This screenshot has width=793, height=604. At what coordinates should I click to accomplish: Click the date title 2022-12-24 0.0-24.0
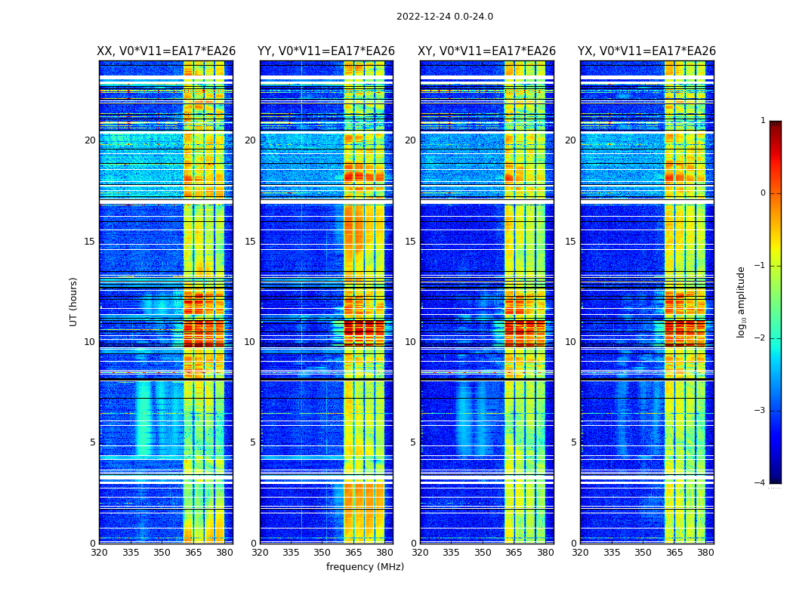[444, 17]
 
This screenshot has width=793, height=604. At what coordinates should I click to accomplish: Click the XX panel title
[166, 51]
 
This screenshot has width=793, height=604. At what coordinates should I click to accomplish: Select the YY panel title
[326, 51]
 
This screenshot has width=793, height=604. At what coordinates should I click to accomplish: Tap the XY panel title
[487, 51]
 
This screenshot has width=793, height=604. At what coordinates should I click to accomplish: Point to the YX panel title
[646, 51]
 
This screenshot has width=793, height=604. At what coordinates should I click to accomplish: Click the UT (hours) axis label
[74, 301]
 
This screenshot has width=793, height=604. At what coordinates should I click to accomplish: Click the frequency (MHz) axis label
[365, 567]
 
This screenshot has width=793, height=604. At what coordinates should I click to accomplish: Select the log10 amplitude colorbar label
[742, 301]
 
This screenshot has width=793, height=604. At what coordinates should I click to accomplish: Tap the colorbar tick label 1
[763, 121]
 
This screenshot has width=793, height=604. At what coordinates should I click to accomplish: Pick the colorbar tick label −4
[761, 483]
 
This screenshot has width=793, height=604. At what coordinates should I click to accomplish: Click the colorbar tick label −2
[761, 338]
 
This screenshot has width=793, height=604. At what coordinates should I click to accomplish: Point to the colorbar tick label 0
[763, 193]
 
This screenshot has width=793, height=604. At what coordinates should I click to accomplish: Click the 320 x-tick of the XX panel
[99, 553]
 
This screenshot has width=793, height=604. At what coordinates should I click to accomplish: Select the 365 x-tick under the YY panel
[353, 553]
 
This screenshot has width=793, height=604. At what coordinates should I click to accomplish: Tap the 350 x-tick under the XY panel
[483, 553]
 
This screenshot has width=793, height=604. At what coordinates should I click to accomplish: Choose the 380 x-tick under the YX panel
[705, 553]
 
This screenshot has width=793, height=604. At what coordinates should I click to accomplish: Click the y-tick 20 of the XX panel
[90, 140]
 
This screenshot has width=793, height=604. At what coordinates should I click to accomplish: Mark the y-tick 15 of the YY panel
[250, 242]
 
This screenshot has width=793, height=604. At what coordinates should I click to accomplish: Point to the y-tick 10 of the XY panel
[410, 342]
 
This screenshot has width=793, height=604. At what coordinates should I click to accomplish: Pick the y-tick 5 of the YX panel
[573, 442]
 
